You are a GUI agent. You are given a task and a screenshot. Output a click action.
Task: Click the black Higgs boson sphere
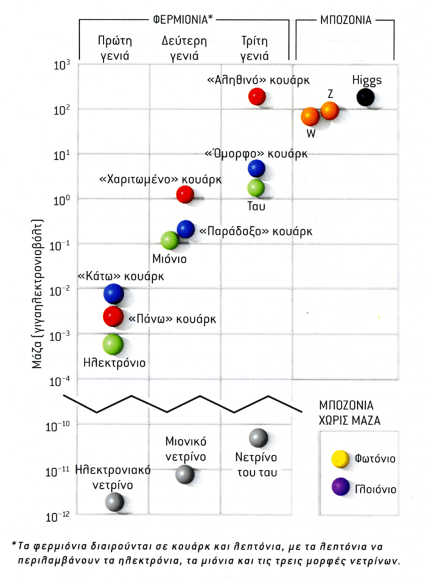point(365,97)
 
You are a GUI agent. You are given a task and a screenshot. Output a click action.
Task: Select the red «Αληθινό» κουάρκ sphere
point(257,97)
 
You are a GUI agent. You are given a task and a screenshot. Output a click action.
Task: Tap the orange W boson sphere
point(310,117)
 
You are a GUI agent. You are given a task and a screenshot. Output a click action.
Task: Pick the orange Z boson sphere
point(329,111)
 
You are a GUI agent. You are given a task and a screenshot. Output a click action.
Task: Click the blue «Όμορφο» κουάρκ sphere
point(256,168)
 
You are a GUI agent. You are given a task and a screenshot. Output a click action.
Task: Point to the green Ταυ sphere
point(256,188)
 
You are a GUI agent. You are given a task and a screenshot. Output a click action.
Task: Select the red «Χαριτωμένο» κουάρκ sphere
point(185,195)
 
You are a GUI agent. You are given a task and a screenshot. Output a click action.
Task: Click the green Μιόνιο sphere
point(170,240)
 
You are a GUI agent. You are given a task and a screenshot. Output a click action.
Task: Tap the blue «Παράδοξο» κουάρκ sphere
point(186,229)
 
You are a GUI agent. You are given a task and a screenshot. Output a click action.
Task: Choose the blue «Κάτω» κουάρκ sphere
point(113,294)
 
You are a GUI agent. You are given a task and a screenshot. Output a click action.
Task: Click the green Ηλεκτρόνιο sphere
point(113,345)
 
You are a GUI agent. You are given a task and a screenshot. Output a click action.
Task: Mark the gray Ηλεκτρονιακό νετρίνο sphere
point(114,502)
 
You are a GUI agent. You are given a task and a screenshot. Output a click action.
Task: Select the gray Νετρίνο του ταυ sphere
point(259,437)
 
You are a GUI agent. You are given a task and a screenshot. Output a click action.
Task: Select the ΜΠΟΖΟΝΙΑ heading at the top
point(345,19)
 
